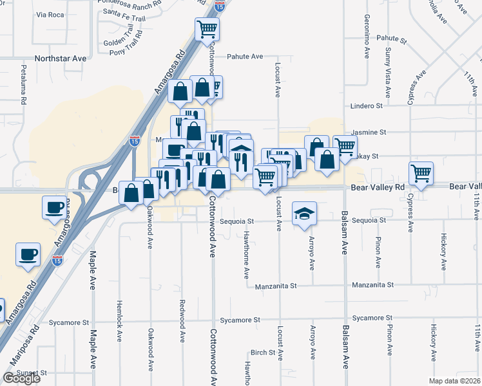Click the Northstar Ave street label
pos(61,58)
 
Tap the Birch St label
pos(263,353)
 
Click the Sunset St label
pos(31,372)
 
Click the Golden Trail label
pos(118,43)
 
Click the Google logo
pos(22,378)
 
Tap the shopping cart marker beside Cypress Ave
pos(421,172)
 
